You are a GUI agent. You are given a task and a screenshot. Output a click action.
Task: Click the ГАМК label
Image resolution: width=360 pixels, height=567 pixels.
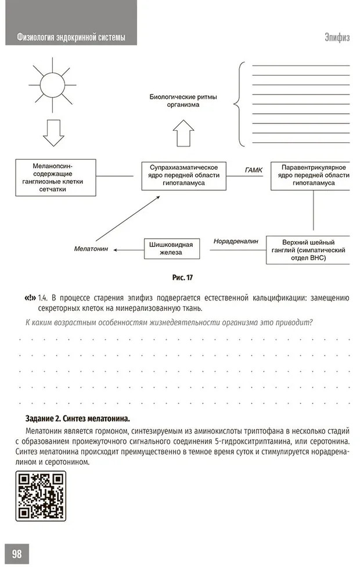click(254, 170)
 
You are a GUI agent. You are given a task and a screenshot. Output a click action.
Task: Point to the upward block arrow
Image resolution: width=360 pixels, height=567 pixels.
click(182, 133)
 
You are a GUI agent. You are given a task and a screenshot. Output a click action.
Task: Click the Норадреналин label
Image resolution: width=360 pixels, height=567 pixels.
click(235, 240)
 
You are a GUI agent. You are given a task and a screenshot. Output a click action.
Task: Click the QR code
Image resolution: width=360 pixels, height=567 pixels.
click(40, 495)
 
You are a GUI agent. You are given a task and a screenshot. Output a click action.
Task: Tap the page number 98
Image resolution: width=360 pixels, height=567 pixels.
click(17, 554)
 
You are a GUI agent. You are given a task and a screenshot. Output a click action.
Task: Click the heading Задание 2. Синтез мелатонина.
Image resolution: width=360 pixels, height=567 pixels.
click(77, 418)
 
